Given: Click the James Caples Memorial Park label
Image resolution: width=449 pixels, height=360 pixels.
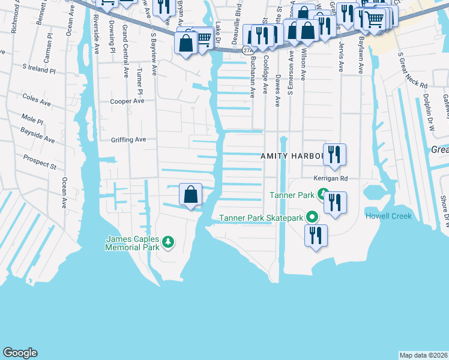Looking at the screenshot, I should point(133,242).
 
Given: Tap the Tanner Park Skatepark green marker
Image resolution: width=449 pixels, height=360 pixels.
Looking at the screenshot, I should point(312,218).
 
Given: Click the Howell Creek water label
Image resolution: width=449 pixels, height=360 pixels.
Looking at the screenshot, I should point(388,216).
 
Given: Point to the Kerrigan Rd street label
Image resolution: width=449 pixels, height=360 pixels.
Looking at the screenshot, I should point(330,178).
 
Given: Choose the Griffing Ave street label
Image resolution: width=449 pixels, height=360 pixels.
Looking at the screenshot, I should point(128,140).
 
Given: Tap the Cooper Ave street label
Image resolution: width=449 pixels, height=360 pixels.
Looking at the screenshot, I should point(127,101).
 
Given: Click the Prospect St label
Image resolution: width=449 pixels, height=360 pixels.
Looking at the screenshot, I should point(40,161).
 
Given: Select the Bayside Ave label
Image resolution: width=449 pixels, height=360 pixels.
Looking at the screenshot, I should point(37,136).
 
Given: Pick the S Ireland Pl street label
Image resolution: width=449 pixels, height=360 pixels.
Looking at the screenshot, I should point(38,70).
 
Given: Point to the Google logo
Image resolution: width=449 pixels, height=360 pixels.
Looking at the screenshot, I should point(20,353).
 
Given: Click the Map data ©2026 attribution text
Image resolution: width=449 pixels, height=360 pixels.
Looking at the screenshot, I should point(423,355).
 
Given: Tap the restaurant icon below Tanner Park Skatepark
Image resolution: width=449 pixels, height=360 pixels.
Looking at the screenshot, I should point(316,235).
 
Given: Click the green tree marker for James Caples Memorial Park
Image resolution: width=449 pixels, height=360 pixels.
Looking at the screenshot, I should point(169,242).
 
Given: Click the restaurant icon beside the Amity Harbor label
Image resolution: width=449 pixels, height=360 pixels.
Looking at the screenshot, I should point(335,154).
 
